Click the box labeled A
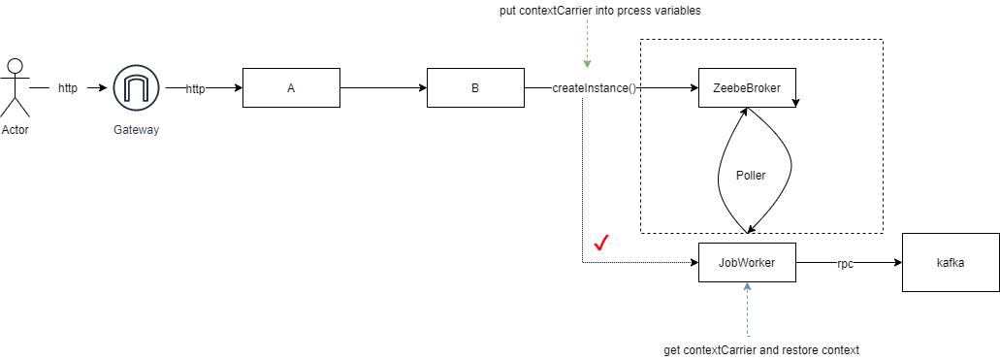click(x=291, y=88)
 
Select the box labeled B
click(x=475, y=88)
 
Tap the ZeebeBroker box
click(x=747, y=88)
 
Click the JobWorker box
click(x=747, y=262)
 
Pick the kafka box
click(x=951, y=262)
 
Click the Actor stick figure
click(x=14, y=88)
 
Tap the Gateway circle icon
click(x=136, y=88)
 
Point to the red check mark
click(x=600, y=243)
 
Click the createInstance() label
click(x=595, y=88)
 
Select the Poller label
click(x=751, y=176)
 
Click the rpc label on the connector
click(x=845, y=263)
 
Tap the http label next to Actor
click(x=68, y=88)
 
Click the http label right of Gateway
click(x=195, y=88)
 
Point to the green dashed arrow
click(x=588, y=49)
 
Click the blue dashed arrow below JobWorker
click(x=747, y=311)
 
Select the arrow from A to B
click(x=383, y=88)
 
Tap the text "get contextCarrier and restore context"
click(x=761, y=349)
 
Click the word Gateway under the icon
click(x=136, y=130)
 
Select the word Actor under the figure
click(x=15, y=130)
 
